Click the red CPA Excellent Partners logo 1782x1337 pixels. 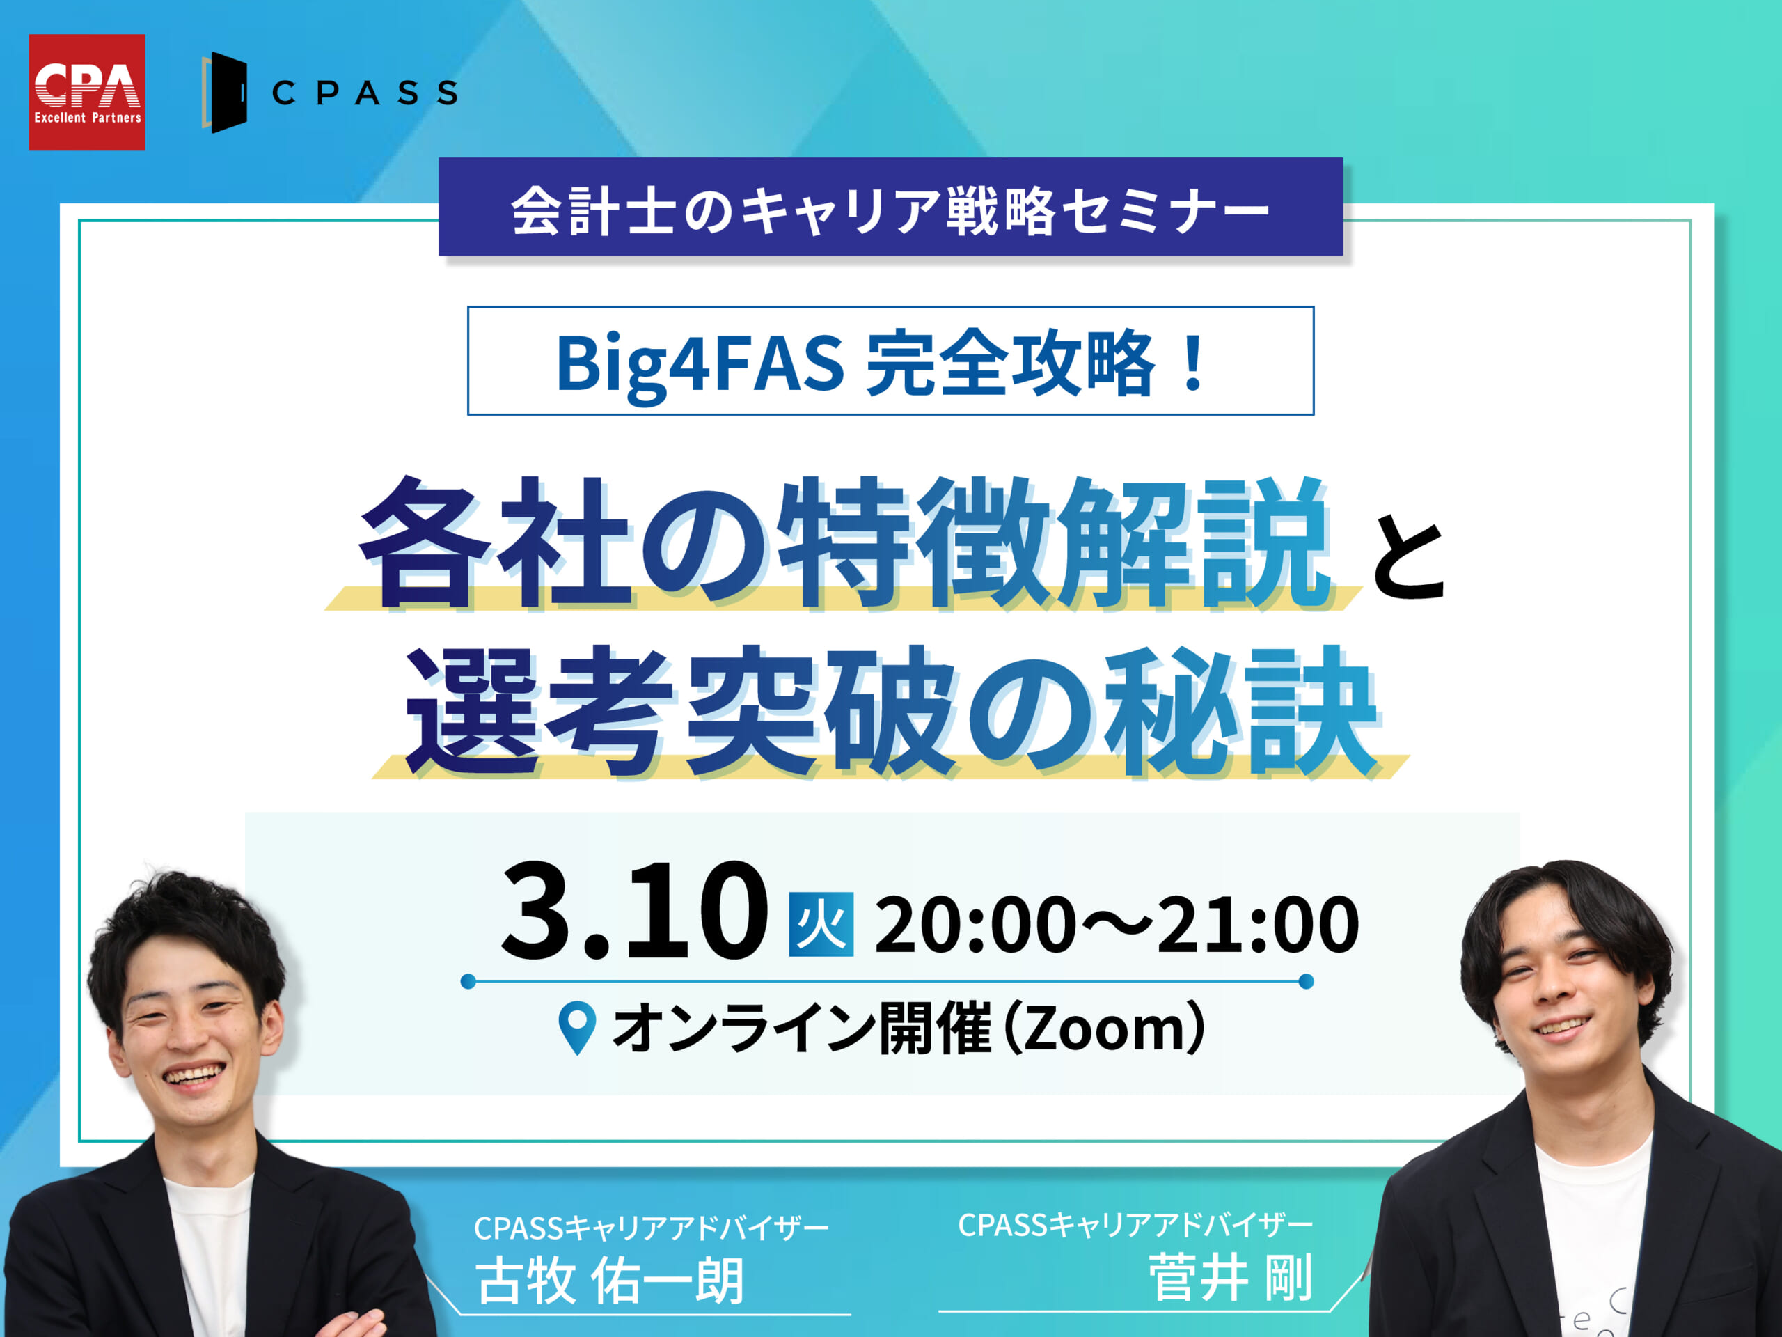click(x=87, y=92)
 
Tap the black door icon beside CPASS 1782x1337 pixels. click(x=224, y=93)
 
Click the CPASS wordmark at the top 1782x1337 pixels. click(x=365, y=93)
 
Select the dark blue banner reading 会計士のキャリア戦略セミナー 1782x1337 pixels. click(x=890, y=206)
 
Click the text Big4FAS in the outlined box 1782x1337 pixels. click(x=700, y=363)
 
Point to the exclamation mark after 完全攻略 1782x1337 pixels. click(x=1194, y=362)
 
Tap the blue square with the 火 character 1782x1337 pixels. click(x=821, y=924)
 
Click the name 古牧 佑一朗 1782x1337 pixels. click(x=609, y=1281)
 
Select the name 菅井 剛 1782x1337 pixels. click(x=1230, y=1276)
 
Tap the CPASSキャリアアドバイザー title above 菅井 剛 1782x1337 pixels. click(x=1135, y=1225)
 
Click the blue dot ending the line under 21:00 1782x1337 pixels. click(x=1307, y=980)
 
